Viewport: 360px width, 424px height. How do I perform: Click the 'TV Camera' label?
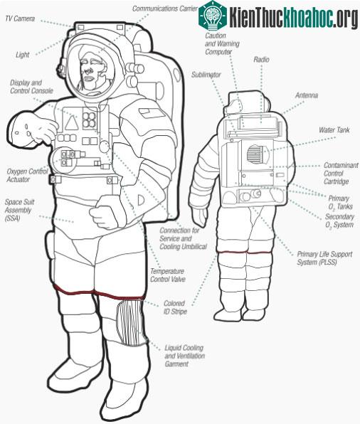(20, 18)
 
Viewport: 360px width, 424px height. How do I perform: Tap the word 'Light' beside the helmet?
(22, 55)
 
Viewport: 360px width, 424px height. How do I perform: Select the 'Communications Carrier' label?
(165, 9)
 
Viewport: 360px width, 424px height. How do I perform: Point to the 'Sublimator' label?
(206, 75)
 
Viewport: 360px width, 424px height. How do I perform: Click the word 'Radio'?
(261, 60)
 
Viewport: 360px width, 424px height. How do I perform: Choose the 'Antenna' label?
(307, 95)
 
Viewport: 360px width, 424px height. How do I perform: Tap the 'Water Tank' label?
(334, 130)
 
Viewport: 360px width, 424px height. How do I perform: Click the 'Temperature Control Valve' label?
(168, 275)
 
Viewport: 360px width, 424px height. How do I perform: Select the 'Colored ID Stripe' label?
(175, 307)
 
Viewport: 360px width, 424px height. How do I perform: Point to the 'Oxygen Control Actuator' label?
(27, 175)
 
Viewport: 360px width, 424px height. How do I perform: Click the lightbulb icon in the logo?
(213, 15)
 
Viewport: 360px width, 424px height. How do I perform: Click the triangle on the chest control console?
(72, 123)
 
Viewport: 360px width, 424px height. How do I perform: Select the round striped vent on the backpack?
(258, 154)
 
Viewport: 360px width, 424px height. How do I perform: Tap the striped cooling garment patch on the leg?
(132, 322)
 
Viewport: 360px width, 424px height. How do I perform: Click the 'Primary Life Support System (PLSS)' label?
(324, 258)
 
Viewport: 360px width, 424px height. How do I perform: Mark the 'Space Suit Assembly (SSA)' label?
(19, 210)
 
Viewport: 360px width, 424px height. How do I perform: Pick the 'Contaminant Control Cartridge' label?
(341, 174)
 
